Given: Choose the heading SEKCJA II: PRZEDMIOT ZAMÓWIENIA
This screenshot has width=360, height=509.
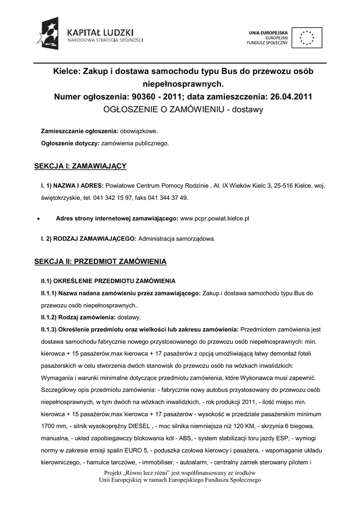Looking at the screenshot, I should (100, 261).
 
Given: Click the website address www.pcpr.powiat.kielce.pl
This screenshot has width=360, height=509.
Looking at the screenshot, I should (214, 218).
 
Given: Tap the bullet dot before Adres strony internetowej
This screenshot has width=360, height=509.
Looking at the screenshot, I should (38, 218).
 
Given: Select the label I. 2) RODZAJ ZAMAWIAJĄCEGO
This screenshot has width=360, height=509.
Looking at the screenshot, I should (89, 239).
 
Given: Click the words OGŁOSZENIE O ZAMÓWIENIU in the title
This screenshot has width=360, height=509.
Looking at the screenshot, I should (163, 108).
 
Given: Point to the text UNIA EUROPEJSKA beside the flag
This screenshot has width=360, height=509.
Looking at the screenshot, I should (269, 32).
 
